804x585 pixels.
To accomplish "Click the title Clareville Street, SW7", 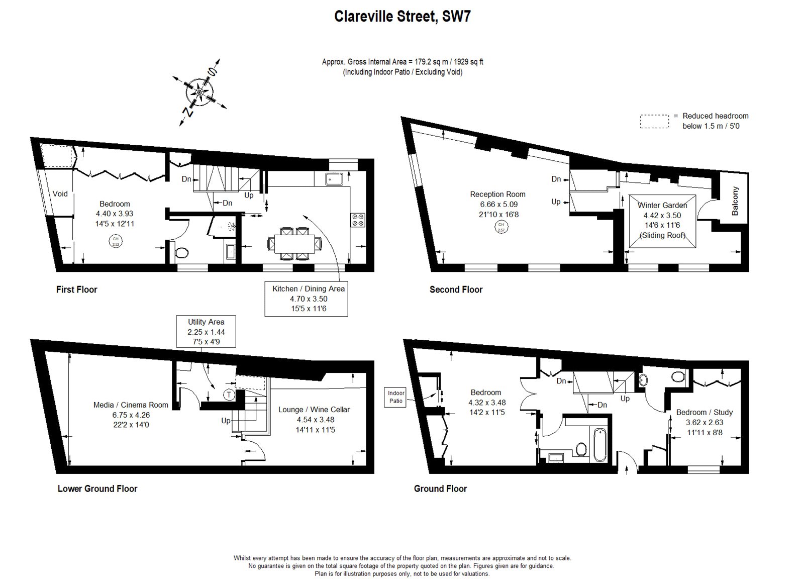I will [x=402, y=17].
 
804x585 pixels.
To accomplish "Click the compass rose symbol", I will [x=199, y=92].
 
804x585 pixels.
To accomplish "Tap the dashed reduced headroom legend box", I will [x=655, y=122].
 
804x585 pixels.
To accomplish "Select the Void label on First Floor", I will [x=60, y=194].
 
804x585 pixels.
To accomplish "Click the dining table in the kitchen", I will [x=294, y=244].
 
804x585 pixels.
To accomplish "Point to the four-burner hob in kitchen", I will [x=359, y=220].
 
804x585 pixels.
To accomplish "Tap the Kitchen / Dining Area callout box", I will [x=306, y=299].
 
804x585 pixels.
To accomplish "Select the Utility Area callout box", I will [x=206, y=332].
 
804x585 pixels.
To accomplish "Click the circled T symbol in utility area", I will [x=229, y=395].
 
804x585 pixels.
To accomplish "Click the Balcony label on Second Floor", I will [x=735, y=201].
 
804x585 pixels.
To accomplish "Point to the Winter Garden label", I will [x=662, y=205].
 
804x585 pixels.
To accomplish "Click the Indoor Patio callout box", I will [x=396, y=397].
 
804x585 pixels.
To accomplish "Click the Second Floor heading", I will [x=455, y=289].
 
